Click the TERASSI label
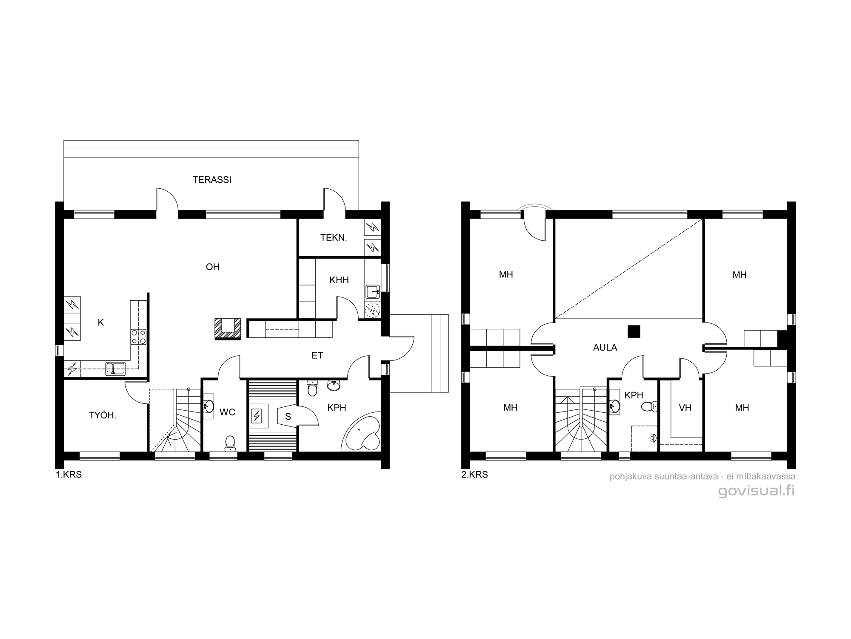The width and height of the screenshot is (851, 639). [x=212, y=180]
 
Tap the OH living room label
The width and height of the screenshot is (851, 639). [x=213, y=267]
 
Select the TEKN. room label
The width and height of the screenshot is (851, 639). [x=334, y=238]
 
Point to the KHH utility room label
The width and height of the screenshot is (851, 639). [x=339, y=280]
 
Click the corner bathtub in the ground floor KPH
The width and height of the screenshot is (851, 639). [x=362, y=431]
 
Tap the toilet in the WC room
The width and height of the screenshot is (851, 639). [x=230, y=443]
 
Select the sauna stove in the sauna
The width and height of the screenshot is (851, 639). [x=257, y=415]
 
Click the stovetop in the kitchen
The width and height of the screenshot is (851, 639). [x=139, y=337]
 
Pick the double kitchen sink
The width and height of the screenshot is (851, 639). [x=115, y=368]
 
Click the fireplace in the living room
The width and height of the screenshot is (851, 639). [x=228, y=329]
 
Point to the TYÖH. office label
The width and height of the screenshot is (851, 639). [x=103, y=416]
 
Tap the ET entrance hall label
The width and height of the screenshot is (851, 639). [x=317, y=355]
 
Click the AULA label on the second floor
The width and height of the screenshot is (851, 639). [x=605, y=348]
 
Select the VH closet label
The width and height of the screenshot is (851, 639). [x=685, y=408]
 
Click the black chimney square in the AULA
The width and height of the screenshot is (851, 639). [x=634, y=331]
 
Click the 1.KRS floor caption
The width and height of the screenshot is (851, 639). [x=69, y=475]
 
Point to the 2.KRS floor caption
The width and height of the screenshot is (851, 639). [x=474, y=475]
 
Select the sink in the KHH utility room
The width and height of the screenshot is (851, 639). [x=373, y=292]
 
